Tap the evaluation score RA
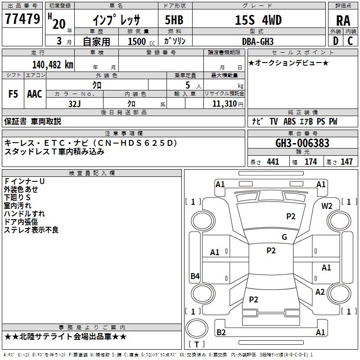pos(343,20)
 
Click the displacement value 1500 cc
pos(137,41)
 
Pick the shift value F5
pos(13,94)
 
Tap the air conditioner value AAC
pos(35,94)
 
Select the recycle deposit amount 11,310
pos(224,103)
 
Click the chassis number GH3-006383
pos(302,144)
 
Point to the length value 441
pos(273,162)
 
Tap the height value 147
pos(346,162)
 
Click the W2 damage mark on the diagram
pos(327,206)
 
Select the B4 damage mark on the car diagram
pos(195,276)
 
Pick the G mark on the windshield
pos(284,237)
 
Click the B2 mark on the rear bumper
pos(221,332)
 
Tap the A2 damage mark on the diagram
pos(320,292)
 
